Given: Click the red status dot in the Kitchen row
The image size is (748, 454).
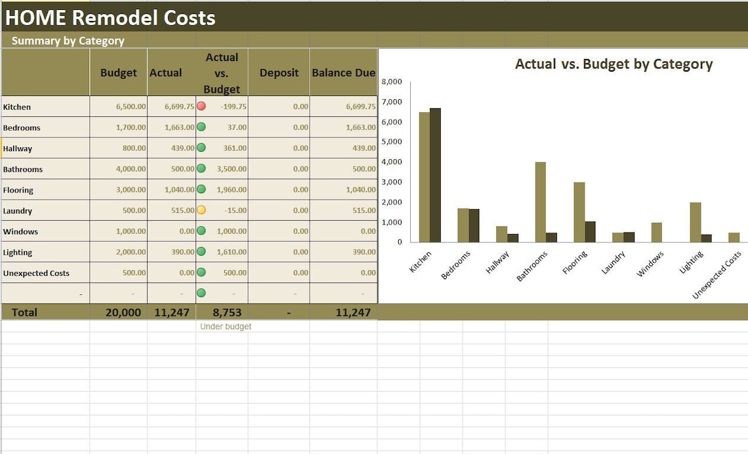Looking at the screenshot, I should [201, 106].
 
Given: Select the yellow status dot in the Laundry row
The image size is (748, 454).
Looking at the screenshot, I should [201, 210].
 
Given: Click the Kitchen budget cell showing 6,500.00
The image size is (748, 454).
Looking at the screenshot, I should [131, 106].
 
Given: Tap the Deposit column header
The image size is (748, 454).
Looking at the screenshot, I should [279, 73].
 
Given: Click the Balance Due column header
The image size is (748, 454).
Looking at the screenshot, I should [343, 73].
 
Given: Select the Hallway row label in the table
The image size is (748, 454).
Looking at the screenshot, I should [18, 148].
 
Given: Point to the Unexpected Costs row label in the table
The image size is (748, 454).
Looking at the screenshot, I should [36, 273].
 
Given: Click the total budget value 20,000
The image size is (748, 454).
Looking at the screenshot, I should [123, 313].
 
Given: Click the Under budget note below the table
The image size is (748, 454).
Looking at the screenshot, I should [226, 327].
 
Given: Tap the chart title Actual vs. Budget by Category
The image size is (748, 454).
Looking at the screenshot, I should [613, 64].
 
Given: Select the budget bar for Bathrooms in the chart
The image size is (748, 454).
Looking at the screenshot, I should [540, 202].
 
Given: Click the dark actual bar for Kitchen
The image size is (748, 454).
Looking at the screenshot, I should [435, 175].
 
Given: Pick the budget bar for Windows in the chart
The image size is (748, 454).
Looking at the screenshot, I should [656, 232].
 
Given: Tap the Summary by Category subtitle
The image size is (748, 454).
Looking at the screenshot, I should [68, 41].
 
